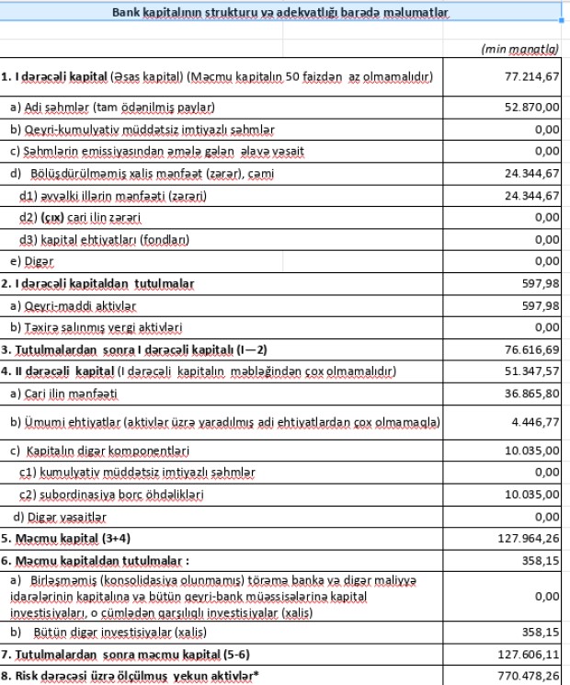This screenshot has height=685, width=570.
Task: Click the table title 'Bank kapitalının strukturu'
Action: [x=279, y=14]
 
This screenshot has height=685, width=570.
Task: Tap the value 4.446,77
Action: [x=536, y=422]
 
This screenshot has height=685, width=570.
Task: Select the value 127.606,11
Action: [x=530, y=655]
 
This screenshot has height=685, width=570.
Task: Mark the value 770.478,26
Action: [x=530, y=677]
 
